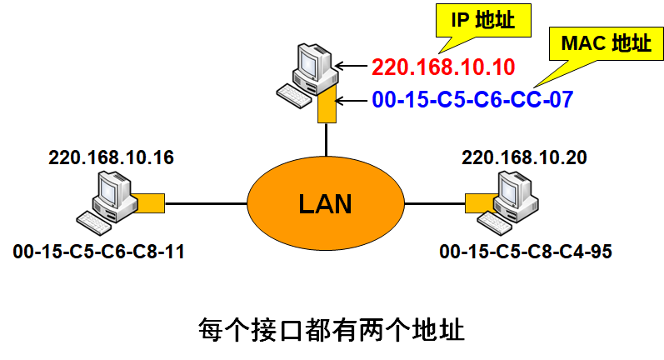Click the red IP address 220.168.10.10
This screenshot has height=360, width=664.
click(443, 66)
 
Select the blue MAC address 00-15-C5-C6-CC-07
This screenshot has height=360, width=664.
click(472, 100)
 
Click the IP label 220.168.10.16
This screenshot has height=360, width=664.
click(111, 157)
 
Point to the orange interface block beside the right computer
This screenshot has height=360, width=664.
click(478, 202)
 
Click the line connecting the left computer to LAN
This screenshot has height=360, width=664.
click(207, 202)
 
